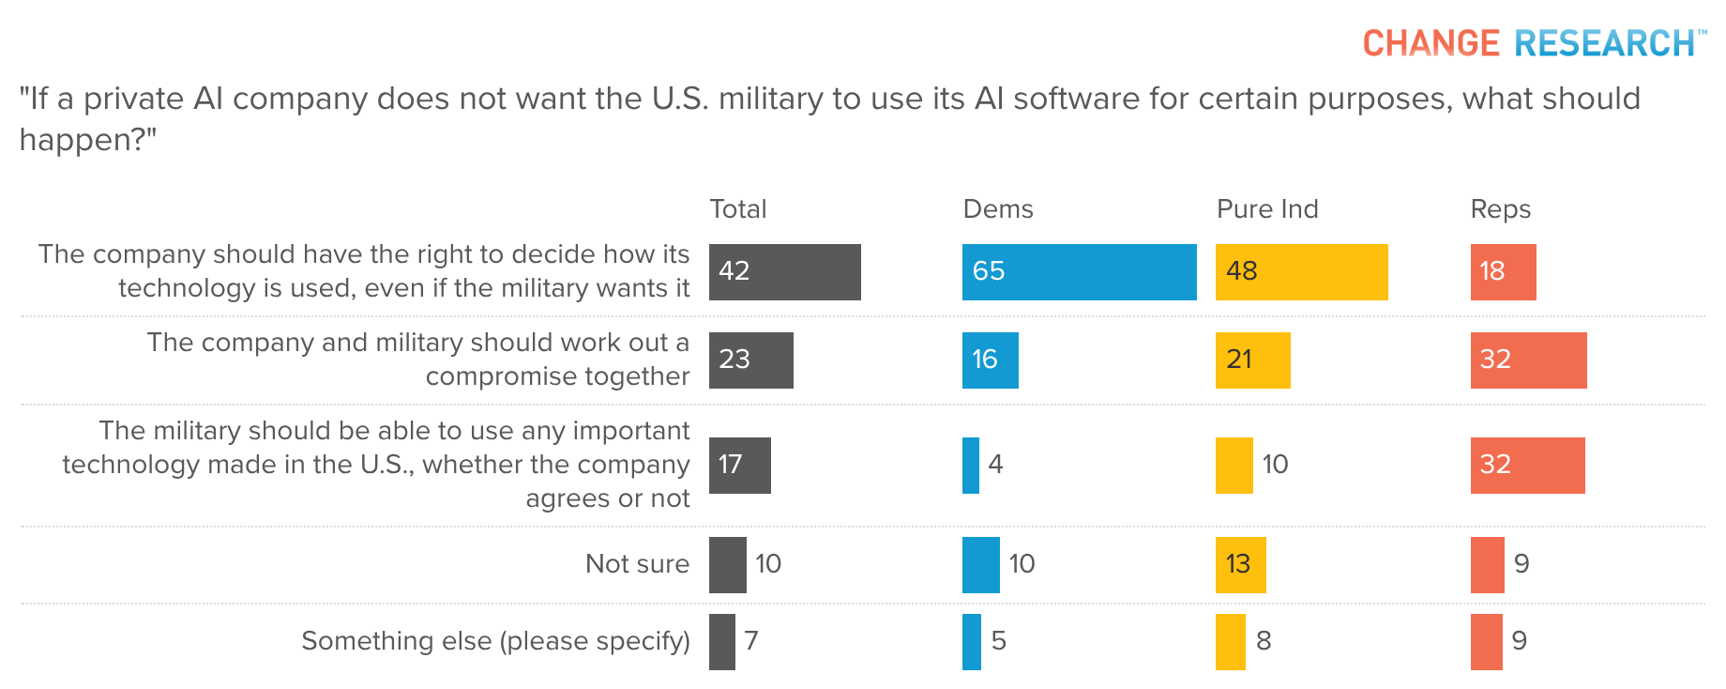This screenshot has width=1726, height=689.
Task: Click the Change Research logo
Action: (1534, 43)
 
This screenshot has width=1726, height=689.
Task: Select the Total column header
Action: (737, 208)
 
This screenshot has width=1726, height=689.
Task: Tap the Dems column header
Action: (997, 208)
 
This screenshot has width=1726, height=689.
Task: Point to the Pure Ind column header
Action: (1266, 208)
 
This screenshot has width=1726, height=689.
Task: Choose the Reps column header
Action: (1500, 208)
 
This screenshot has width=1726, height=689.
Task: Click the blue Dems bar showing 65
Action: (1079, 272)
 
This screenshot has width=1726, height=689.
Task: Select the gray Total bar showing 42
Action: (784, 272)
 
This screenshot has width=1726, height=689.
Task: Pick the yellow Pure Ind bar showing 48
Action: (1301, 272)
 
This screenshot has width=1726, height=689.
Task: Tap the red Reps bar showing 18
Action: (1503, 272)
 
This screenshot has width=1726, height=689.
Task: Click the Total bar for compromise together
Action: (750, 360)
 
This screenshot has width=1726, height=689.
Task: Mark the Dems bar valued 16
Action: (990, 360)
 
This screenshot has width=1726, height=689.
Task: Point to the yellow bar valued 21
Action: (1252, 360)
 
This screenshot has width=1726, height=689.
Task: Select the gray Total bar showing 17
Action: (739, 466)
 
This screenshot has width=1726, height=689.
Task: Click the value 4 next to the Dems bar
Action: (995, 464)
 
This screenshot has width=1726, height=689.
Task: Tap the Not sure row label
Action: (637, 563)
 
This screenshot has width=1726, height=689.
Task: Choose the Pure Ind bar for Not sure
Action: (1240, 565)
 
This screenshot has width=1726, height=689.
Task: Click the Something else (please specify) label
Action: (495, 640)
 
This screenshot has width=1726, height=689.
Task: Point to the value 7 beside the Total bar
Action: (751, 640)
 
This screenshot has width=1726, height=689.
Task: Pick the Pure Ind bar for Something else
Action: (1230, 642)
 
